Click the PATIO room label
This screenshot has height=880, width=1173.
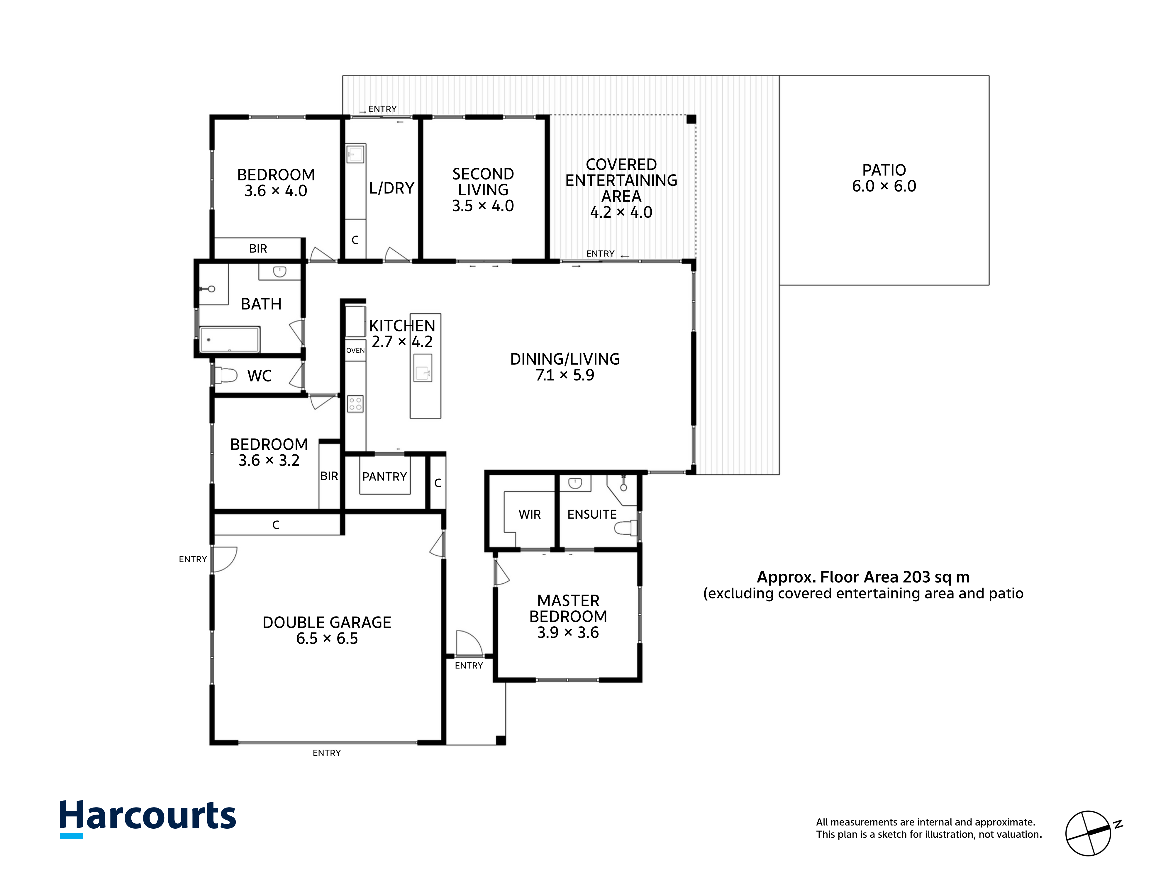(884, 170)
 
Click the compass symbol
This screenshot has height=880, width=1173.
(1089, 833)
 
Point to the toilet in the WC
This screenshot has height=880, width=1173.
(226, 375)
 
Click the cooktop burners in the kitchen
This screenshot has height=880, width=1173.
(355, 404)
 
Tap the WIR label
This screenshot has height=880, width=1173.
(530, 515)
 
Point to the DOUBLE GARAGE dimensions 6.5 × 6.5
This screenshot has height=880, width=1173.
(327, 639)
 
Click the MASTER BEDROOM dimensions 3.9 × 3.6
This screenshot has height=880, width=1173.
(568, 633)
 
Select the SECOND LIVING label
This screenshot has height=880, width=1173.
(483, 182)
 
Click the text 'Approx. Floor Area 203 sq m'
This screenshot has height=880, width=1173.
(863, 577)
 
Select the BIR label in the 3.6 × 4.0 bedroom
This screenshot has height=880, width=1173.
(258, 249)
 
